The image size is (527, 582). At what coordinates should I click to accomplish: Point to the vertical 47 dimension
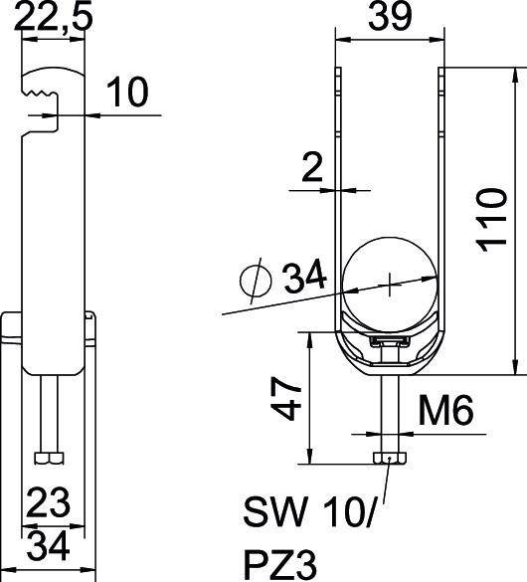(286, 398)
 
